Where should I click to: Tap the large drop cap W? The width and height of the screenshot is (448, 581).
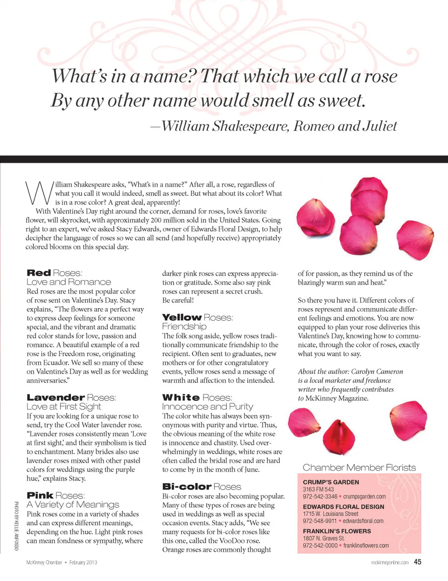click(38, 193)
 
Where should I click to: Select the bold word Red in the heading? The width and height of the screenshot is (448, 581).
click(39, 273)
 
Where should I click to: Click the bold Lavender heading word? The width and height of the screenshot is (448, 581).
click(56, 398)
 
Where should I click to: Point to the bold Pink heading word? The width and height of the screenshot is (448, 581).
click(40, 496)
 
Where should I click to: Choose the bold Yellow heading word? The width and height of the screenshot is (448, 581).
click(182, 317)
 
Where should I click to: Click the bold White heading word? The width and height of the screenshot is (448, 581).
click(181, 398)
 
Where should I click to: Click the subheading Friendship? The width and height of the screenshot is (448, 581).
click(184, 327)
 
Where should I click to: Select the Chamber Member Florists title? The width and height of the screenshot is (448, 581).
click(359, 468)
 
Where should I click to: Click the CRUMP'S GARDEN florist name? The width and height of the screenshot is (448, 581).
click(331, 482)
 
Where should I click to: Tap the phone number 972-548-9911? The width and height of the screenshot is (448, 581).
click(320, 521)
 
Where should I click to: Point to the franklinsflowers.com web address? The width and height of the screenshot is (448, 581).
click(366, 546)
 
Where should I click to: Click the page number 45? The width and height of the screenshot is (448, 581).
click(417, 562)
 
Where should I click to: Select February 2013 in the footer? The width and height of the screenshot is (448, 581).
click(83, 562)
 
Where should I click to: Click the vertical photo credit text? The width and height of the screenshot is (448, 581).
click(16, 525)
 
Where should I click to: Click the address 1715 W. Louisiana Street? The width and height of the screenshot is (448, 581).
click(330, 514)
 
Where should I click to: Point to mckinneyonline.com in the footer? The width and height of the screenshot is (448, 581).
click(390, 562)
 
